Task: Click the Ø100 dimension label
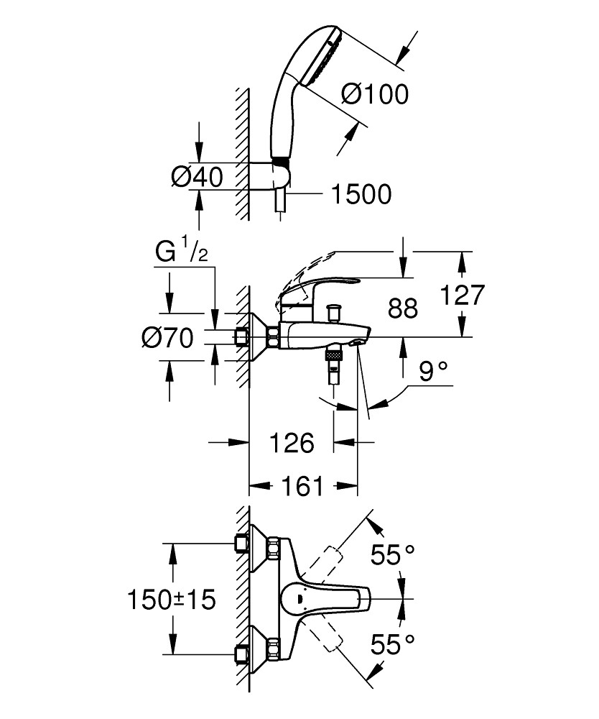tap(373, 94)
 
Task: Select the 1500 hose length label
tap(361, 194)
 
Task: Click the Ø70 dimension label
tap(168, 337)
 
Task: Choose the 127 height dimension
tap(464, 295)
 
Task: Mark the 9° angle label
tap(434, 372)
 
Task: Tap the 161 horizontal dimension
tap(302, 487)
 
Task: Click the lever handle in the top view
tap(323, 597)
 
